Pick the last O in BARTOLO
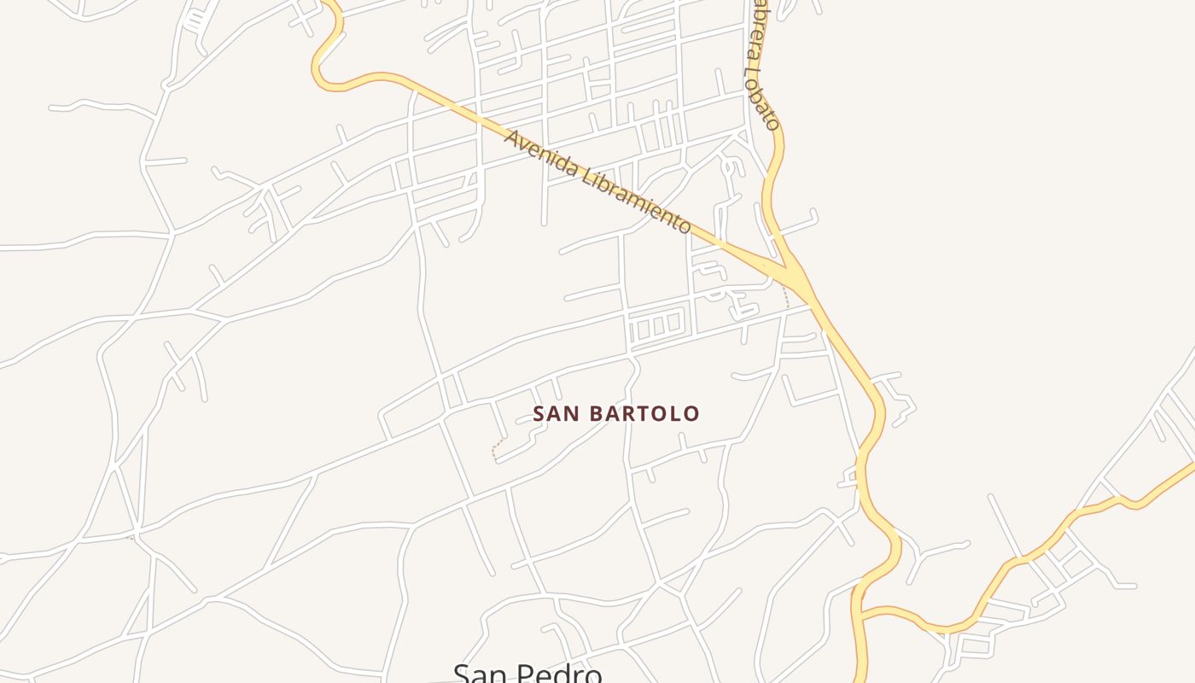pyautogui.click(x=691, y=414)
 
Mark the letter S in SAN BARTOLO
pyautogui.click(x=539, y=414)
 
